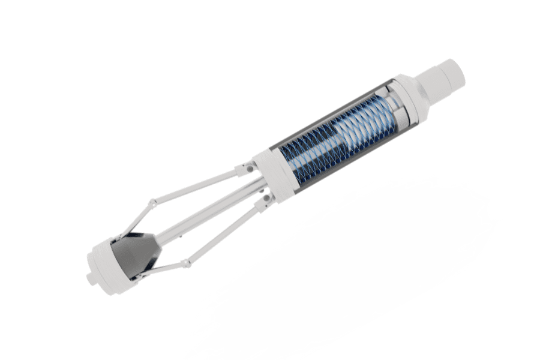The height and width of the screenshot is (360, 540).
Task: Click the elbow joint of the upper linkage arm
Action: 154,203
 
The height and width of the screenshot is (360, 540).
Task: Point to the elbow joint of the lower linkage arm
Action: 187,263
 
